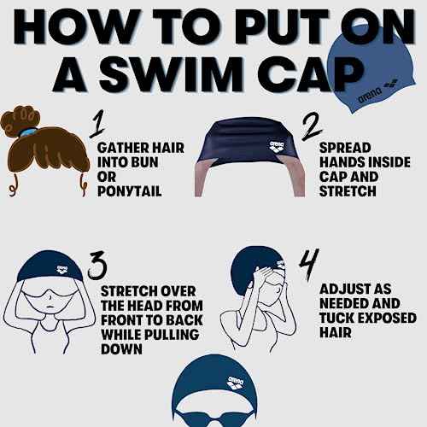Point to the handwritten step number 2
(x=312, y=126)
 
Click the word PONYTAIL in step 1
(x=126, y=193)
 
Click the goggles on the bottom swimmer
(x=213, y=416)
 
